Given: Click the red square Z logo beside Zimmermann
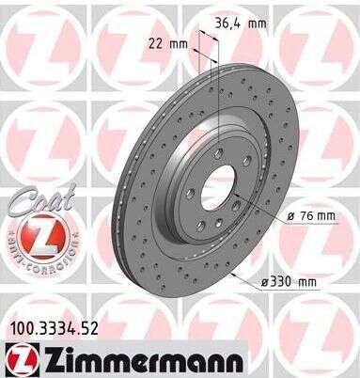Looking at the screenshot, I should click(20, 358).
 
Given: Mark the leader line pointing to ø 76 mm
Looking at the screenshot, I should click(258, 209).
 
